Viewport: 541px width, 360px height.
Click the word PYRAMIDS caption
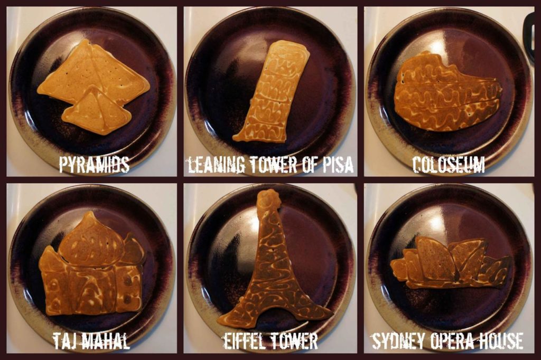pos(94,164)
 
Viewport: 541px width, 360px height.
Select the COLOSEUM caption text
pos(449,164)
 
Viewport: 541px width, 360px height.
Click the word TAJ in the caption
pos(64,340)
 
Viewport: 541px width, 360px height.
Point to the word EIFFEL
pos(243,340)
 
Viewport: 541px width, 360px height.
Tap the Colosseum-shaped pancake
pos(447,92)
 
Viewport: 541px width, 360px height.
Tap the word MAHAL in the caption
pos(105,340)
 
